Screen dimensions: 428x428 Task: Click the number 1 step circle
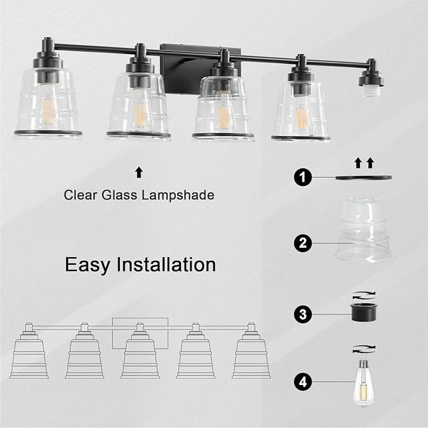coord(303,178)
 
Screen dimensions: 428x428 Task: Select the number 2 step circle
coord(303,243)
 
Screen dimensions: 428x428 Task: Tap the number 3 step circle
coord(303,313)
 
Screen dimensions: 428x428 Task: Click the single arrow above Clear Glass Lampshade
coord(139,171)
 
